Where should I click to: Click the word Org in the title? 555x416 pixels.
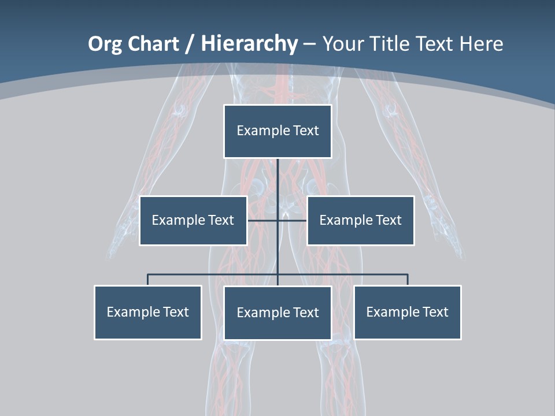click(x=105, y=44)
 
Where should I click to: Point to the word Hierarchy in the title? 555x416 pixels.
click(x=249, y=44)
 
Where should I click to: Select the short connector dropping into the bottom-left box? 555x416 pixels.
click(x=147, y=280)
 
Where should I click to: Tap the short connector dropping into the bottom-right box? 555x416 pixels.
click(x=408, y=280)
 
